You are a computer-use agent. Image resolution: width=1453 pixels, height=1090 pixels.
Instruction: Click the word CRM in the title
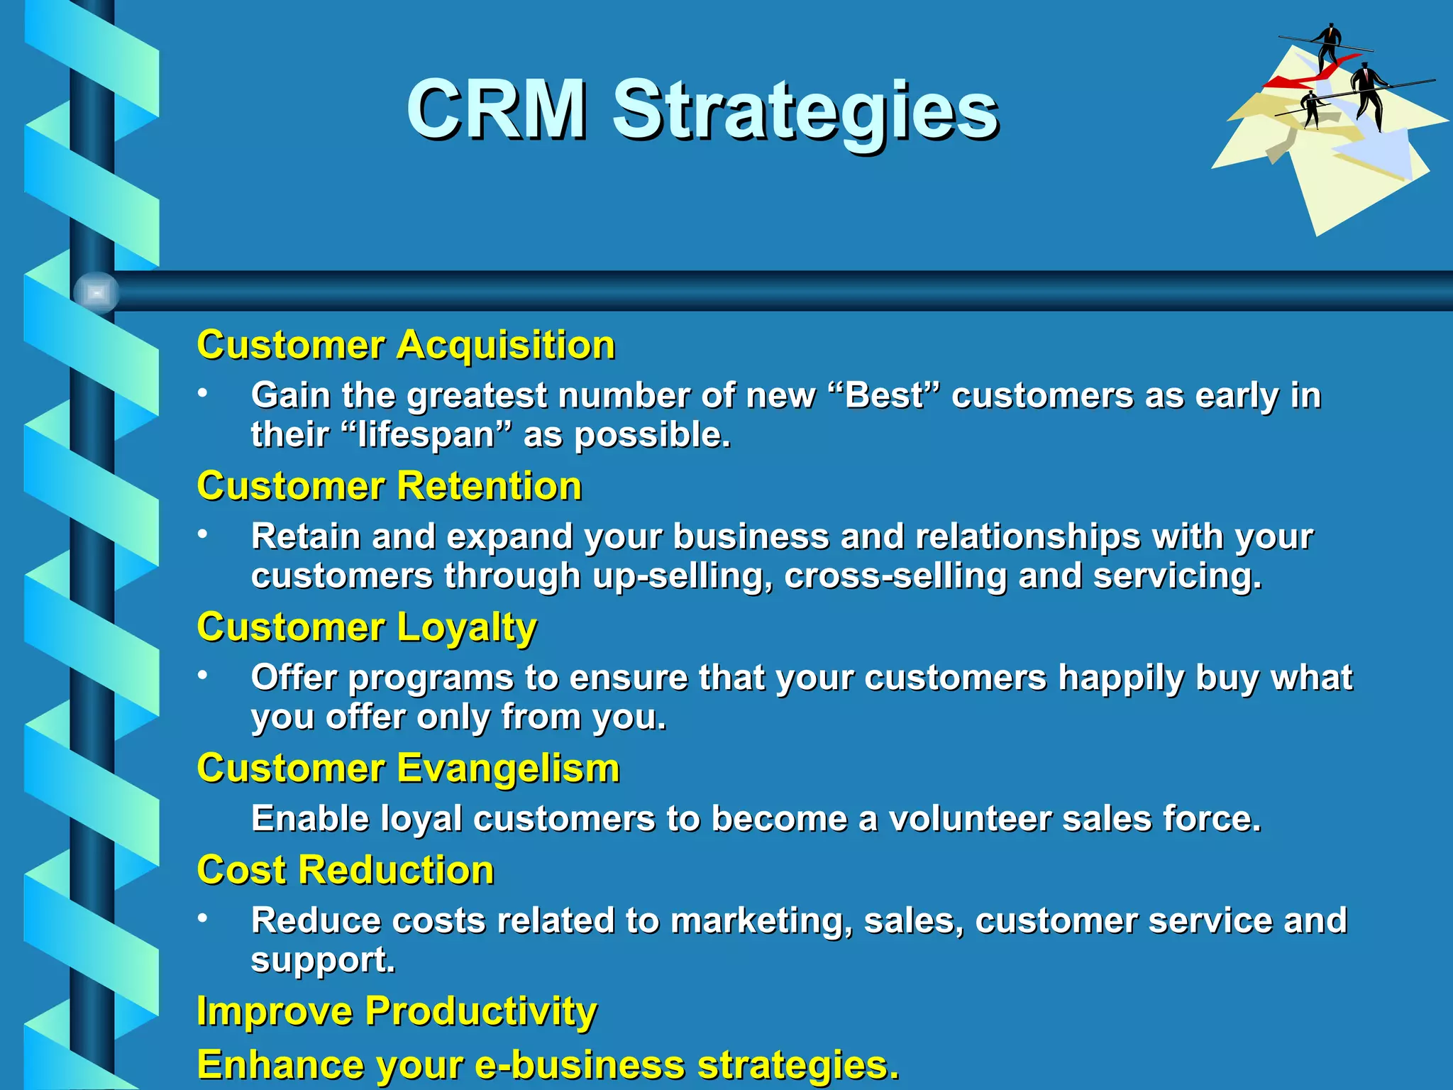coord(497,110)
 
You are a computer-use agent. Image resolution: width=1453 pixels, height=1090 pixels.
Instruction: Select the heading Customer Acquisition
coord(406,346)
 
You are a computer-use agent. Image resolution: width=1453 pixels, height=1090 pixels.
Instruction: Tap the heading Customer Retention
coord(389,487)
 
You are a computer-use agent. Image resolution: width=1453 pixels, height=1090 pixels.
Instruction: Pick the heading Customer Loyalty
coord(367,628)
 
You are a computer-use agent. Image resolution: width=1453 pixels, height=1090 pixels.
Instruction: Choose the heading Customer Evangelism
coord(408,769)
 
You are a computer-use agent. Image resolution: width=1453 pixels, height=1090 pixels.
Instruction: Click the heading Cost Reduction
coord(346,870)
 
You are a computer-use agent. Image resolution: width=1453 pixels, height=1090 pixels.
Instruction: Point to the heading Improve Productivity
coord(397,1011)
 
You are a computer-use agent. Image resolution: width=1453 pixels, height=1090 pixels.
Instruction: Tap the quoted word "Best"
coord(884,396)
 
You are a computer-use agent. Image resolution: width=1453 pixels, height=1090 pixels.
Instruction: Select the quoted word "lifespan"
coord(432,435)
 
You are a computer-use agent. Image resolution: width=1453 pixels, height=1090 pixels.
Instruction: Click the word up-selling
coord(682,576)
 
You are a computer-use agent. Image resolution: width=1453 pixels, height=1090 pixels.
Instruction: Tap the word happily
coord(1121,678)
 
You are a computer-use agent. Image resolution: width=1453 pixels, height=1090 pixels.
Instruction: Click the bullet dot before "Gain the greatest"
coord(203,393)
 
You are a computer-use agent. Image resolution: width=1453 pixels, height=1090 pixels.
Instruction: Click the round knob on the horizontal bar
coord(96,292)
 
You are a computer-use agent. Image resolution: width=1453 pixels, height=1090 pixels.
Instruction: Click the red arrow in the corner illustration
coord(1302,79)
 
